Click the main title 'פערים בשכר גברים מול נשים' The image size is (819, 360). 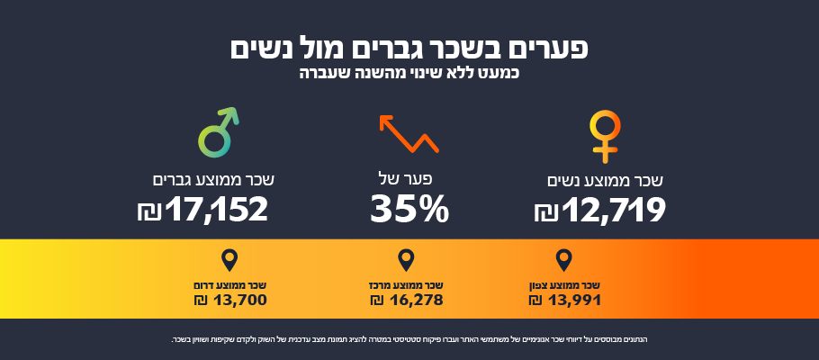tap(409, 48)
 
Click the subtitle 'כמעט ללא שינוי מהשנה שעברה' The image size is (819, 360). tap(409, 72)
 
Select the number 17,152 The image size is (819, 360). tap(217, 210)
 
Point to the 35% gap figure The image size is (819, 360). tap(409, 210)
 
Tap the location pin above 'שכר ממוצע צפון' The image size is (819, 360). tap(564, 261)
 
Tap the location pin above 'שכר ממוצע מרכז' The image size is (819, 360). tap(407, 261)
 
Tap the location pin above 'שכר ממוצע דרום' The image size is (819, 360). tap(229, 261)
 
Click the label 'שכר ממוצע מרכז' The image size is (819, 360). tap(408, 285)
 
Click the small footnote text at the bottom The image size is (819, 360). tap(409, 339)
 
